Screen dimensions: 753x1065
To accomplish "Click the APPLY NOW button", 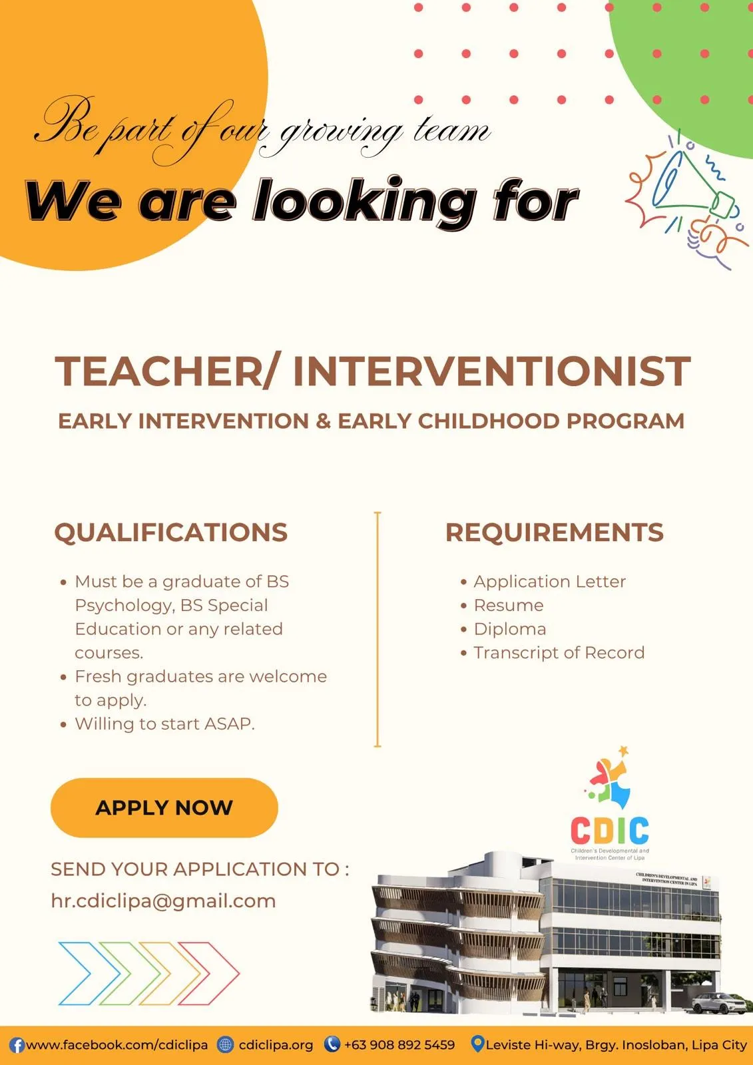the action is [x=164, y=807].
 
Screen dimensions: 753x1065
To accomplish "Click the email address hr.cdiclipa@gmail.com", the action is [x=163, y=901].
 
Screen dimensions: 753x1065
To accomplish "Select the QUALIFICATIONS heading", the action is [x=170, y=532].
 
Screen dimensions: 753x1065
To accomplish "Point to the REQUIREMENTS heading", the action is [x=554, y=532].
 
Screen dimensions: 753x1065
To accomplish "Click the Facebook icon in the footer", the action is [x=17, y=1045].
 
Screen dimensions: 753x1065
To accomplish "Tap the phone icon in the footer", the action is [x=332, y=1044].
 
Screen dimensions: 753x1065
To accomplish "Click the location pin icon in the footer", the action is [x=477, y=1044].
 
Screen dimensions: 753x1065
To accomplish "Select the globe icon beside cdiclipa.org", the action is [x=226, y=1044].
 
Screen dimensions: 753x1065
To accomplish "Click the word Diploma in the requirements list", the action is [x=510, y=629].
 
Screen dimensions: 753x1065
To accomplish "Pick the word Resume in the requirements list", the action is [x=509, y=605].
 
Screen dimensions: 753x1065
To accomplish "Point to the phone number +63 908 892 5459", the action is [x=399, y=1044].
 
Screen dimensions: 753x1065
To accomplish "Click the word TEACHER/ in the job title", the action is [x=166, y=371].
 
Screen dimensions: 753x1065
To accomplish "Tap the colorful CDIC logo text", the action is [x=610, y=830].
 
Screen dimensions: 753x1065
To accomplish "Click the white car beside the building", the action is [x=720, y=1003].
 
